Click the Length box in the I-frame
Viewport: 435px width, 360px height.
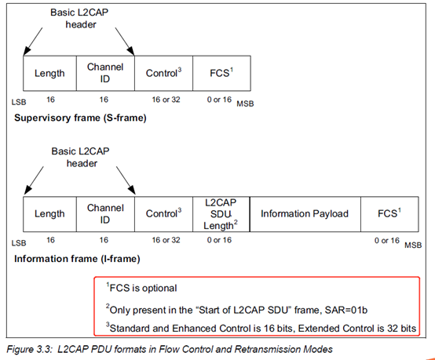[49, 213]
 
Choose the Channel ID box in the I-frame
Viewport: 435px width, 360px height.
[105, 213]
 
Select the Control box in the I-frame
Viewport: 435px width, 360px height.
[163, 213]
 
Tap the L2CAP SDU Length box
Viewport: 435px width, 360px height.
[221, 213]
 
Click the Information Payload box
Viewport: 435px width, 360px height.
[305, 213]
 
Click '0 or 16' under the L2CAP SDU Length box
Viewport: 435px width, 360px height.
[221, 239]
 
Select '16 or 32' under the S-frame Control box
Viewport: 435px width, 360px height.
[163, 100]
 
